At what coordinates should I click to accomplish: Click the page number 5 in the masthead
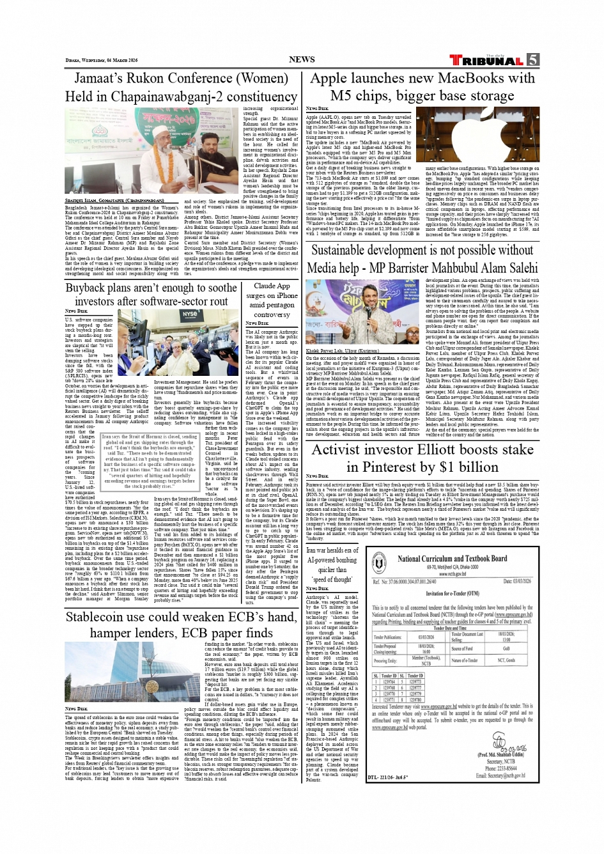[x=532, y=60]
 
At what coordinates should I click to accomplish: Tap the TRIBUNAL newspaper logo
[x=488, y=61]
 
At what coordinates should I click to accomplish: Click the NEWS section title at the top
[x=302, y=59]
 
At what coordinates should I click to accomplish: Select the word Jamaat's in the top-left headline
[x=100, y=79]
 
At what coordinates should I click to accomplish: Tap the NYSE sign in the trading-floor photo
[x=190, y=314]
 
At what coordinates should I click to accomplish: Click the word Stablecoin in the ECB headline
[x=106, y=617]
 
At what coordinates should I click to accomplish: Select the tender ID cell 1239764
[x=389, y=682]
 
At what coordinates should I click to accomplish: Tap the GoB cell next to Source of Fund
[x=506, y=648]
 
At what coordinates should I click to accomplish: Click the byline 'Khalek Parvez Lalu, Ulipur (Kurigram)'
[x=342, y=351]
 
